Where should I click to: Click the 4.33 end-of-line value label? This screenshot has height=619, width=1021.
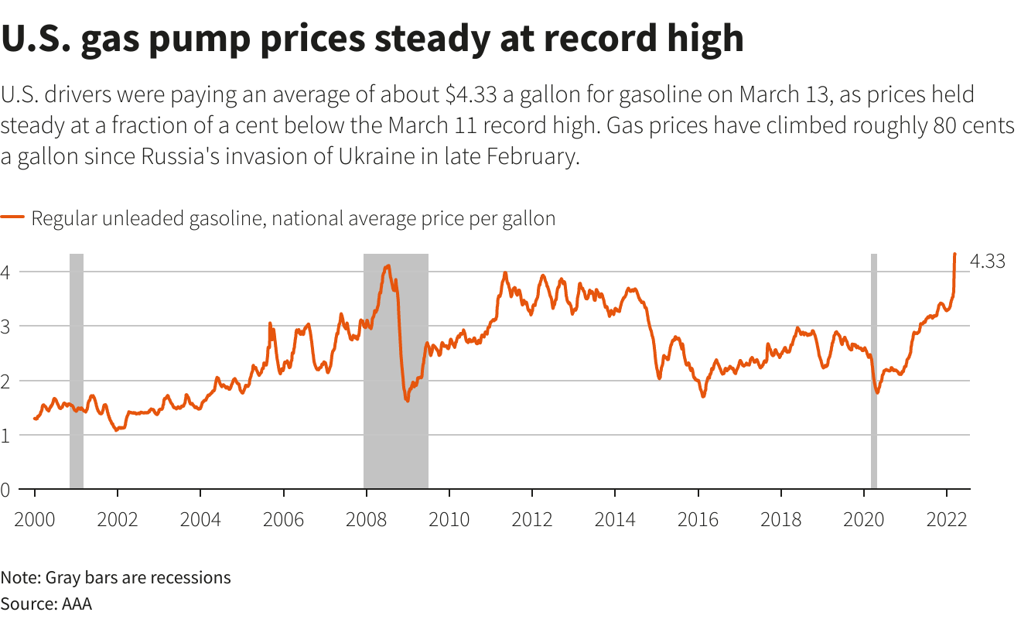pos(987,262)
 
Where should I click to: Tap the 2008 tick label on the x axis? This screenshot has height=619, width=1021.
pos(366,519)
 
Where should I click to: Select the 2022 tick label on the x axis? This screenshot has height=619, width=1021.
pos(947,519)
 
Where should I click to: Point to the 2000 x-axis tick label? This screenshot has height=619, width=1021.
pos(35,519)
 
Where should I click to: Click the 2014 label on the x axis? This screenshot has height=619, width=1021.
pos(615,519)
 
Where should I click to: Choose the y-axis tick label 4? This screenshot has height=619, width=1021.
pos(5,272)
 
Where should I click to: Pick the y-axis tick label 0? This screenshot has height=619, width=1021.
pos(5,490)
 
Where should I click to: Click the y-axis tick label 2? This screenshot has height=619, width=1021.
pos(5,381)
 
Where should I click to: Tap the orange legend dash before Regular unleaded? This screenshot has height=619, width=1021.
pos(13,218)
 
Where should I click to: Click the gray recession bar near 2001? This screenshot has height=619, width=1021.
pos(77,371)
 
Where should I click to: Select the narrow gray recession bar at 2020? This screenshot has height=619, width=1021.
pos(874,371)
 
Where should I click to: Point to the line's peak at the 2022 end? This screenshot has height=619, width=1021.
pos(955,254)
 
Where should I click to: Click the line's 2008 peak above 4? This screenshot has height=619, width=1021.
pos(388,266)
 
